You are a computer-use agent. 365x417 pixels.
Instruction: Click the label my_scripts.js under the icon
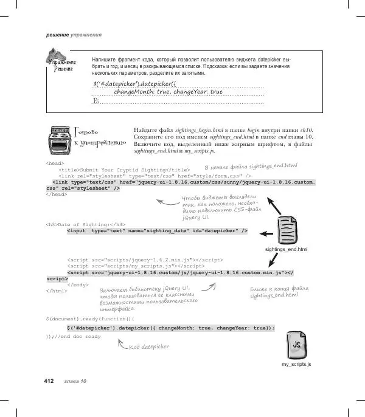coord(296,364)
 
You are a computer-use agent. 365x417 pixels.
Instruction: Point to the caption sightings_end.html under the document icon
coord(287,249)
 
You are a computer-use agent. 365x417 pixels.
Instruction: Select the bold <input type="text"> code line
coord(157,231)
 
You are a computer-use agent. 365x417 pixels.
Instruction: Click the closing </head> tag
coord(57,195)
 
